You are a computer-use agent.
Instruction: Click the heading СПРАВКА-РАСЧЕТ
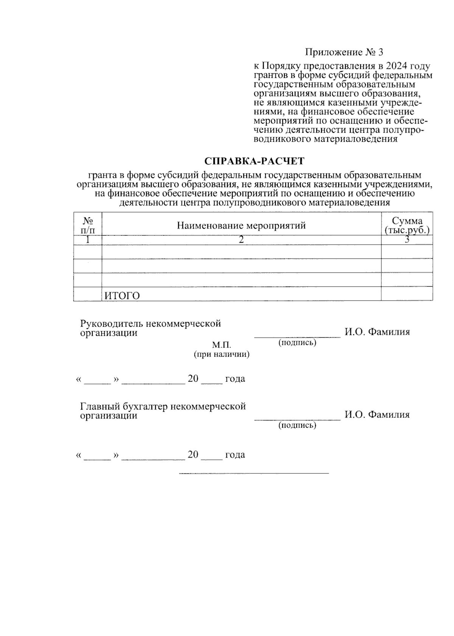254,161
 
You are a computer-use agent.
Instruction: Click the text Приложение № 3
344,52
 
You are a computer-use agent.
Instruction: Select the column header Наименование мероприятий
241,226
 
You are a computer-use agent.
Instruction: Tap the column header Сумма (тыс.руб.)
407,225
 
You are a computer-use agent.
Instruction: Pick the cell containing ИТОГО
122,296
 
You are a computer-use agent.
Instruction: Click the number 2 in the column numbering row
241,240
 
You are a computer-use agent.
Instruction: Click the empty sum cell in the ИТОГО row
407,294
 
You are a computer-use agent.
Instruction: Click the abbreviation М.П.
221,345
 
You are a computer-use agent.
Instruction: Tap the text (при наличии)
221,354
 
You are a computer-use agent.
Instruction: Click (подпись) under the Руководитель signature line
297,343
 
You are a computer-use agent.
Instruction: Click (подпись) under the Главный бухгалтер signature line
297,425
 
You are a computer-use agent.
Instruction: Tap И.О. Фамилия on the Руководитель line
377,332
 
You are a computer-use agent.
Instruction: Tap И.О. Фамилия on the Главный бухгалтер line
377,415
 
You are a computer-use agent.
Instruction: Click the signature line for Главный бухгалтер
297,419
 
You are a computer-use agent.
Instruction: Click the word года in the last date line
235,455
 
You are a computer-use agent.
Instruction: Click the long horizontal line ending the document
254,473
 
